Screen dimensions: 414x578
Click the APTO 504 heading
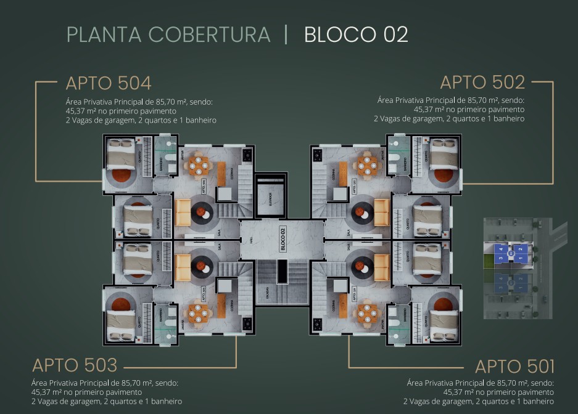click(x=109, y=83)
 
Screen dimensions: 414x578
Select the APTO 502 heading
click(x=482, y=82)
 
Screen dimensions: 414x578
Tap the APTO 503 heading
click(x=75, y=365)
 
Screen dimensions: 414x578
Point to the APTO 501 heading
click(x=514, y=367)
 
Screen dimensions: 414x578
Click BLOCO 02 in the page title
click(x=356, y=34)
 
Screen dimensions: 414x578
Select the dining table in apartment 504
click(x=199, y=164)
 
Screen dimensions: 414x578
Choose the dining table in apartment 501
click(x=365, y=313)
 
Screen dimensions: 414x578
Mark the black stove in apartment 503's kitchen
click(x=247, y=322)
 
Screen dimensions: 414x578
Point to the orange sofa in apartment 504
click(x=183, y=213)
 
